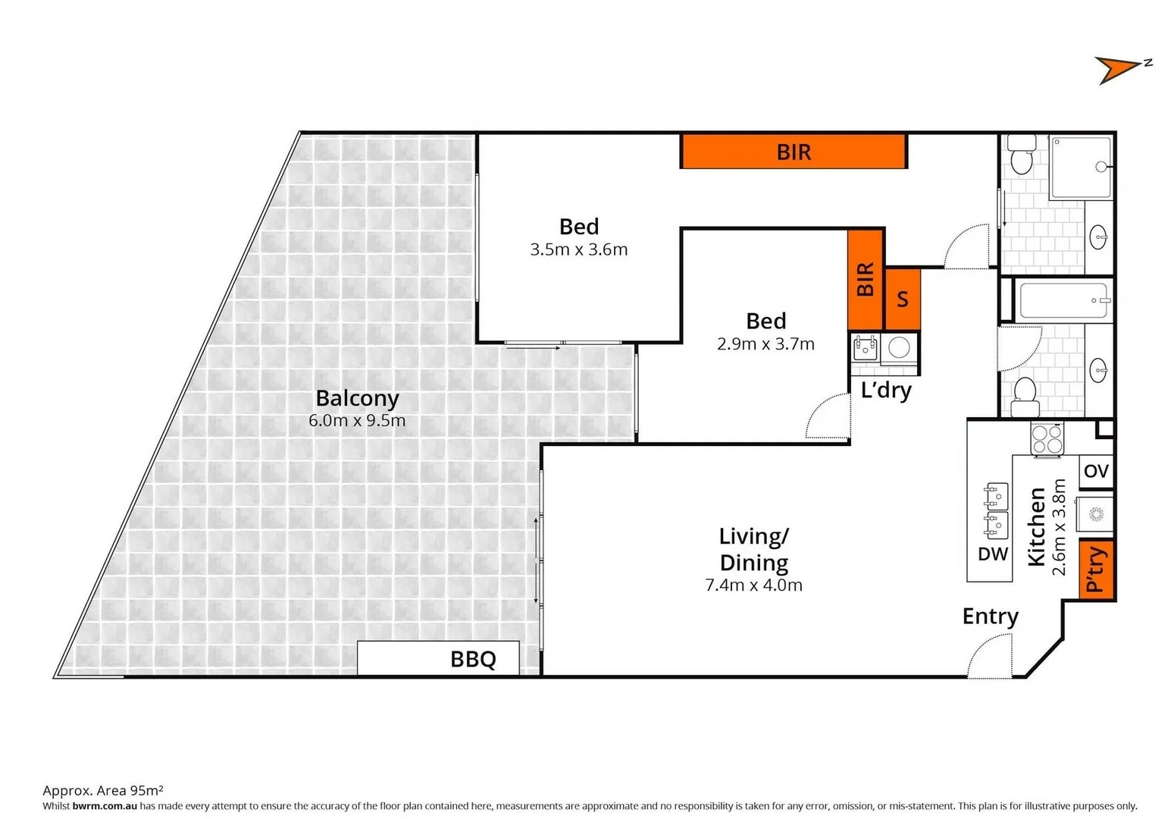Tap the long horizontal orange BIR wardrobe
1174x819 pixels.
(794, 152)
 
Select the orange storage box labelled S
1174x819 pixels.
(902, 300)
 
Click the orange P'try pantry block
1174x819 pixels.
(1096, 570)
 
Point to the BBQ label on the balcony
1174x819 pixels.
(473, 659)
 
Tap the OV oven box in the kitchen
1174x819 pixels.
(1096, 471)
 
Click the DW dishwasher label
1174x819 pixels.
(992, 554)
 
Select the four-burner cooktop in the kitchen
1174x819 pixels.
(1047, 438)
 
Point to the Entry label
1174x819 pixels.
(990, 617)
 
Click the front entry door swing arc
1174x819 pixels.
(991, 657)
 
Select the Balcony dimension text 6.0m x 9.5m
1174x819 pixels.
(357, 420)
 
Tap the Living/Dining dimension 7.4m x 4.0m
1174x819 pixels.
(753, 585)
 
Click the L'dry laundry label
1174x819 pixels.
(886, 391)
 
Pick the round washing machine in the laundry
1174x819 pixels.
(899, 348)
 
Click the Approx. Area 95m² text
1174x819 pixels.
(103, 790)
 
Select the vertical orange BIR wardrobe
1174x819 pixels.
(866, 280)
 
